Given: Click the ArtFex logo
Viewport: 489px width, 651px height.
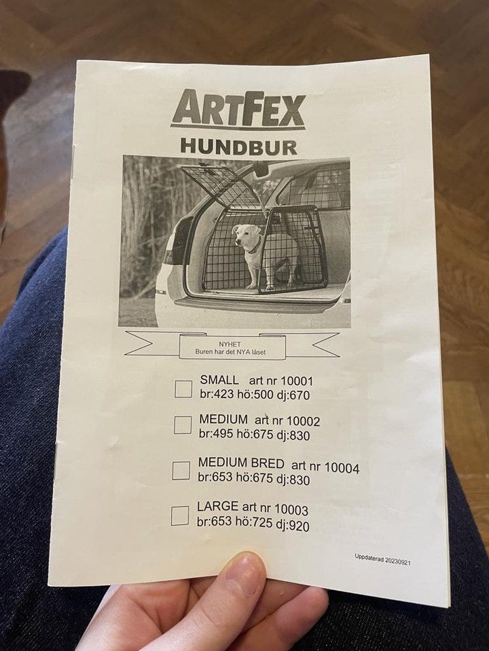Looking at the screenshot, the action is click(x=238, y=109).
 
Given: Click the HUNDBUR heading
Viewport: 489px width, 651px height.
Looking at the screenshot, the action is click(x=238, y=147).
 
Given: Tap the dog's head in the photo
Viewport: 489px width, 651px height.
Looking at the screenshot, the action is click(x=246, y=237).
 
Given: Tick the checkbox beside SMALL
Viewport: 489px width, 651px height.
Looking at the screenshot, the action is click(x=183, y=389).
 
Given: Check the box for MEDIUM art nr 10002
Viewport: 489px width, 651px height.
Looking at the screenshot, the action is click(x=183, y=425).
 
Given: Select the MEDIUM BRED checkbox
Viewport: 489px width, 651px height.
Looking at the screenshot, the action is click(x=181, y=471).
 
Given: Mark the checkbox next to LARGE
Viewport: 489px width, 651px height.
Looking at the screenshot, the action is click(x=180, y=515).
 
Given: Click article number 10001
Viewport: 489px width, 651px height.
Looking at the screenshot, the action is click(x=297, y=381).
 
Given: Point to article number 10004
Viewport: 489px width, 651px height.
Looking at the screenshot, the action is click(x=342, y=468).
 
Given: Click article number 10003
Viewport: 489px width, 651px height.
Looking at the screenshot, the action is click(x=291, y=509).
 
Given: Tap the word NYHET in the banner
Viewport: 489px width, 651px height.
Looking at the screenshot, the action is click(x=230, y=344).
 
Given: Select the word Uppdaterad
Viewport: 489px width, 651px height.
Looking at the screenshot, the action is click(x=369, y=558).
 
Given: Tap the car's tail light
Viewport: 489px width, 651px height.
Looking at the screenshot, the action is click(x=170, y=256).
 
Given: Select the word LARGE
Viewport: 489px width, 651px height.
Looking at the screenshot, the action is click(x=217, y=507).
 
